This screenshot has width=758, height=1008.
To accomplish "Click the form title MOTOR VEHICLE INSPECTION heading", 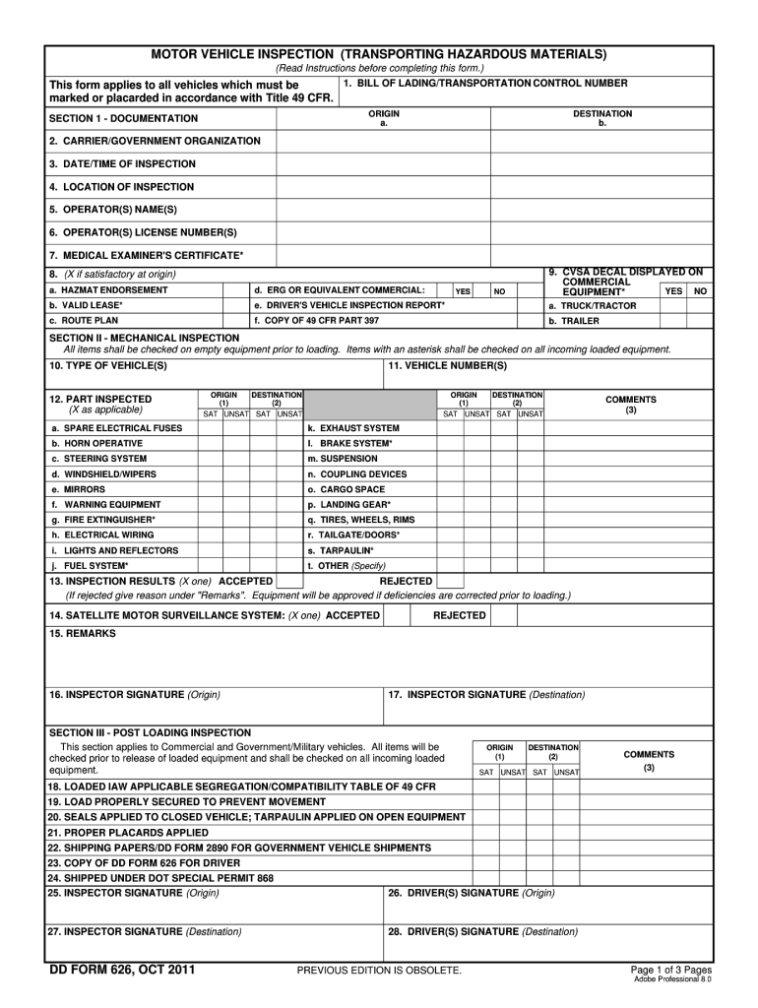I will (378, 53).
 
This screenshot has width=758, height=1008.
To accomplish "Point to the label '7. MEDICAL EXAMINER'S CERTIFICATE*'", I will (146, 256).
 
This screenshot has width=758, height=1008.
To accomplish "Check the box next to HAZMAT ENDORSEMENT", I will (235, 291).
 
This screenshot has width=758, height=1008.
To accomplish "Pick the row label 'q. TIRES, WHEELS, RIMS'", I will (361, 519).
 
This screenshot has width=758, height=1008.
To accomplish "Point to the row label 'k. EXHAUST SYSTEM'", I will (353, 428).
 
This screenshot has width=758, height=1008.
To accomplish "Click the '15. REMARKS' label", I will (82, 634).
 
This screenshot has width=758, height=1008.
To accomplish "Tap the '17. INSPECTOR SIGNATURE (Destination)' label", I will (486, 695).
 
